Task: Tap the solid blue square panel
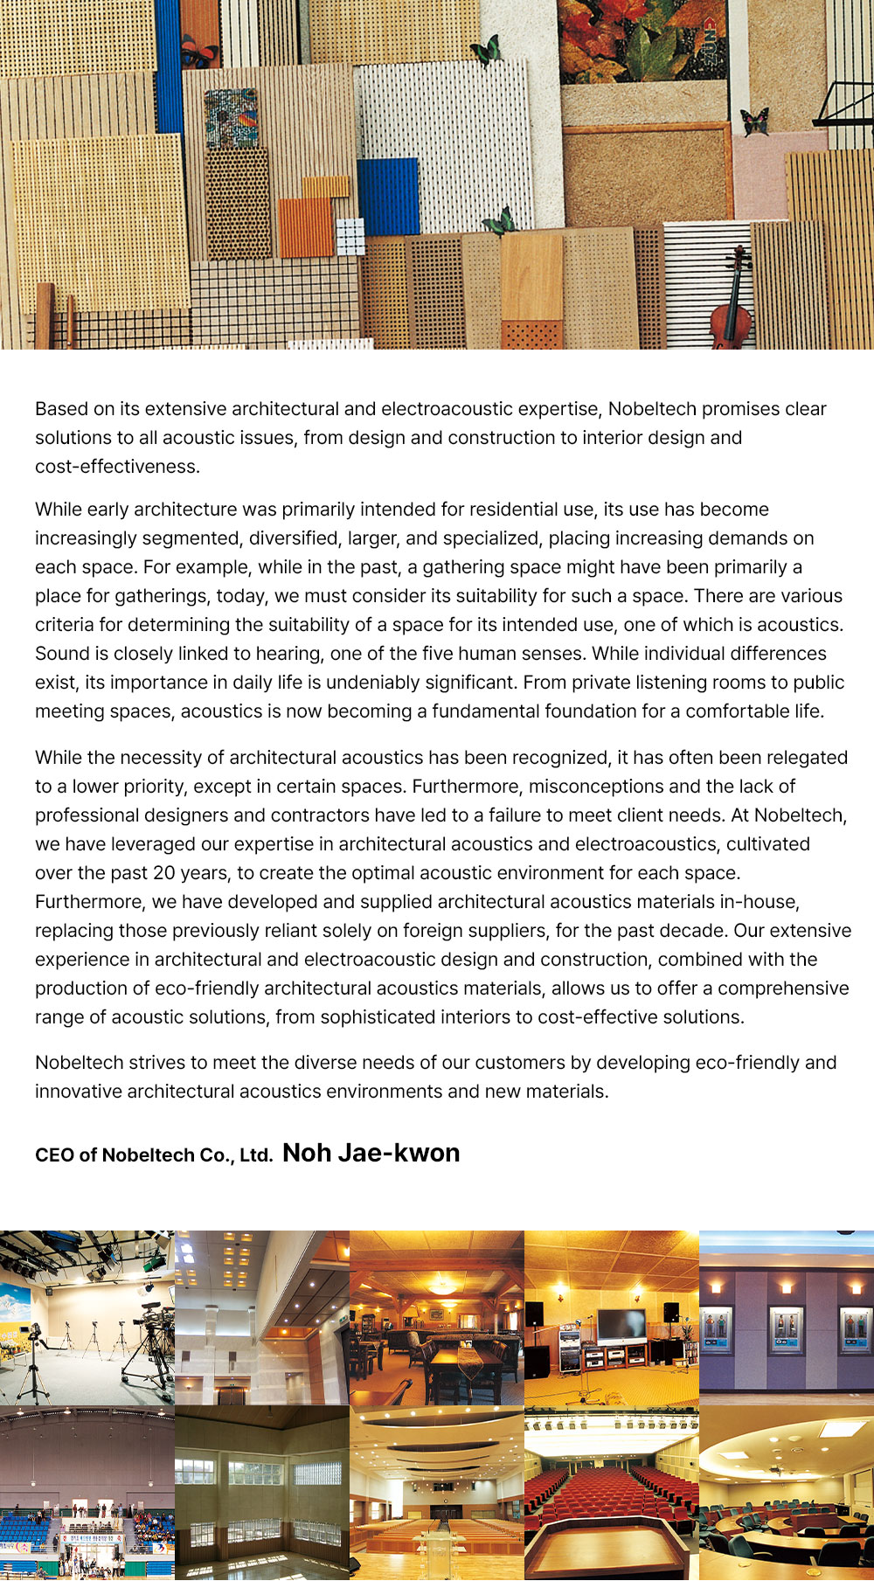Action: point(387,197)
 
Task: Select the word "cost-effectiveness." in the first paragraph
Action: point(117,467)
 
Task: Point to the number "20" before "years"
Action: point(164,873)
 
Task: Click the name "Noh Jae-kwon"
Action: point(371,1154)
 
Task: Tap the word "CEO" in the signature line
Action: point(55,1155)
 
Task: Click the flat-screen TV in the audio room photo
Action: point(621,1326)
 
